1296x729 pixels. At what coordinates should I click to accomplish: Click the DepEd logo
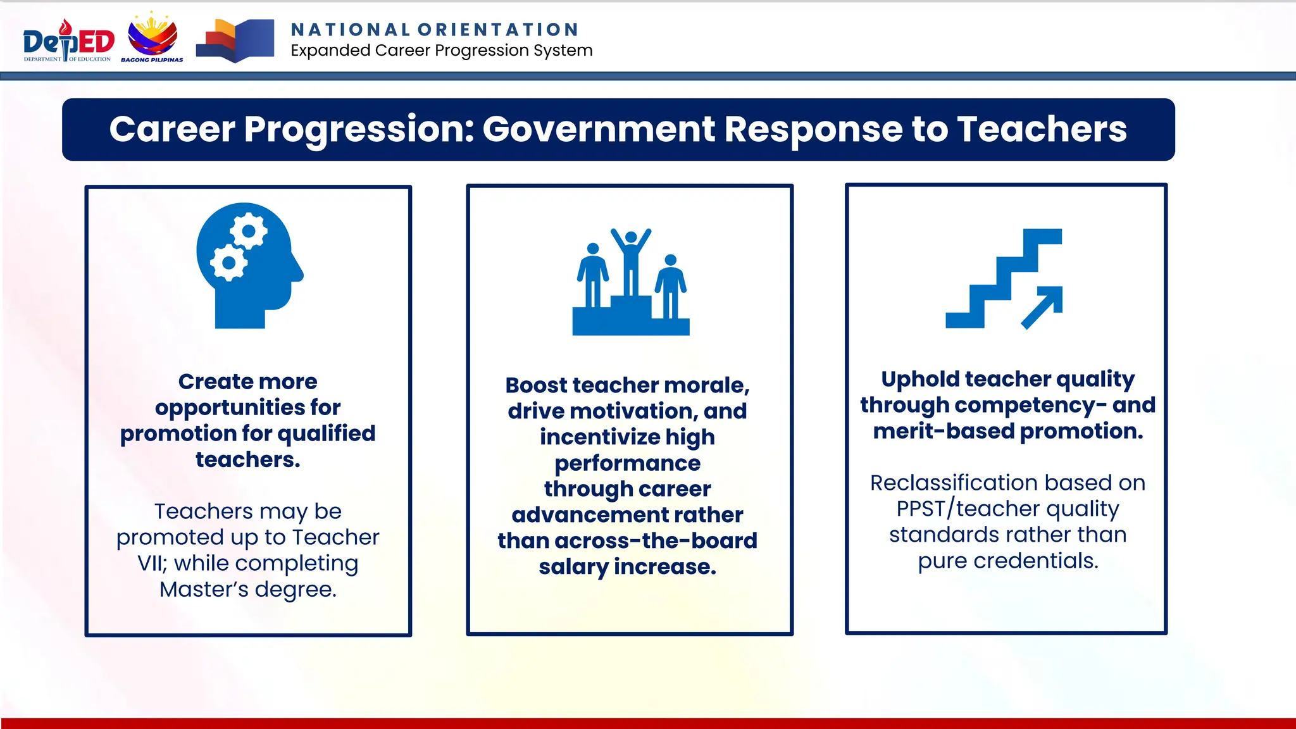pos(68,41)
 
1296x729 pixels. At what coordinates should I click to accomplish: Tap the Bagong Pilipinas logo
pos(152,38)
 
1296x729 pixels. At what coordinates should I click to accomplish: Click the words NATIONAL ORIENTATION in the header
pos(435,30)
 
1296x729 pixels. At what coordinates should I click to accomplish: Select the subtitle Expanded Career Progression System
pos(441,51)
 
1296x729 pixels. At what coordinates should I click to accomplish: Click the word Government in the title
pos(599,129)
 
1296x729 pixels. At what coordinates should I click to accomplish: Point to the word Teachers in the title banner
pos(1041,129)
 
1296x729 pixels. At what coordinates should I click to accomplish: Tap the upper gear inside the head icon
pos(248,232)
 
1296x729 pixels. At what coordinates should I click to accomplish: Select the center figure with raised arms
pos(631,259)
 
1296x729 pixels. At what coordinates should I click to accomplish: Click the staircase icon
pos(1004,278)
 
